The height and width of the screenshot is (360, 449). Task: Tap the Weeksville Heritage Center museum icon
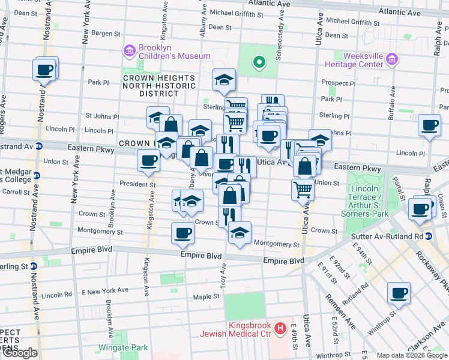tap(392, 59)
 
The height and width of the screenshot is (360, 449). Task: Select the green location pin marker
tap(259, 61)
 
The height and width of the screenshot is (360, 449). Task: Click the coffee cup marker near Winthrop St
tap(399, 293)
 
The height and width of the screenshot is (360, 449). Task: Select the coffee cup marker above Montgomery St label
tap(182, 233)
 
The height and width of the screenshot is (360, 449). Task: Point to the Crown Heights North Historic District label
tap(158, 86)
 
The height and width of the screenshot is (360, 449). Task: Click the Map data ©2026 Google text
tap(412, 355)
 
